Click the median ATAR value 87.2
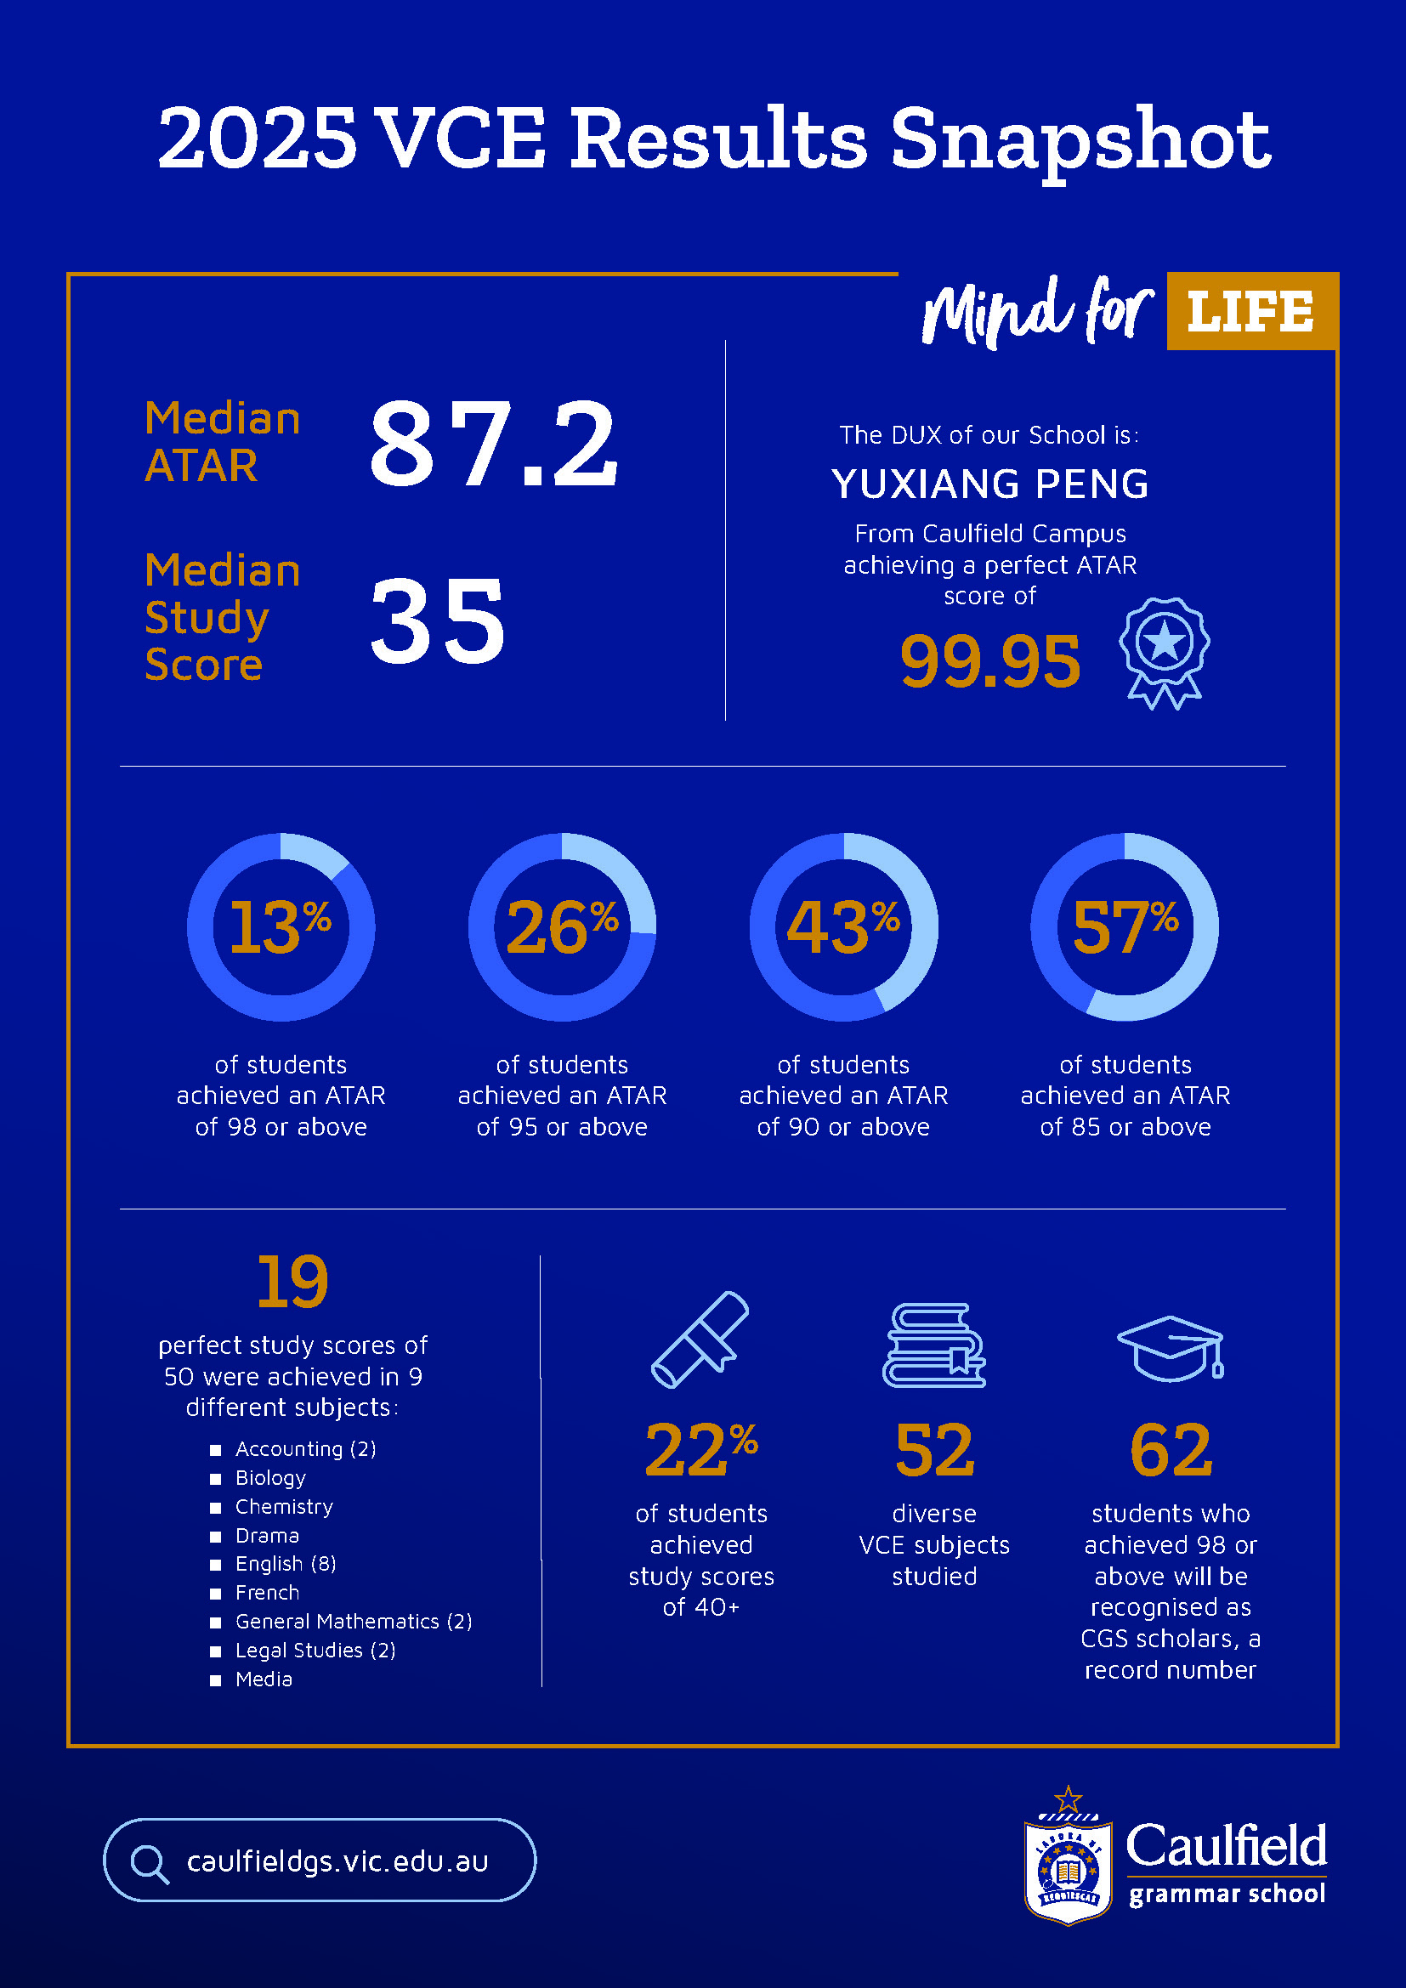click(494, 445)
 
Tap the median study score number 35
click(437, 620)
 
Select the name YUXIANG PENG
click(989, 484)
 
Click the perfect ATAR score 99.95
click(989, 661)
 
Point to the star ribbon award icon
click(1165, 651)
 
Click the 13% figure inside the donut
click(280, 927)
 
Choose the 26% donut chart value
click(562, 927)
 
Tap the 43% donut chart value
click(843, 927)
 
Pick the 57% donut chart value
click(1125, 927)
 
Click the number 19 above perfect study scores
click(292, 1282)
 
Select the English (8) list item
click(286, 1564)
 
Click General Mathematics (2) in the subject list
click(354, 1621)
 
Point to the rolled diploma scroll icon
click(700, 1339)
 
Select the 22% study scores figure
click(700, 1450)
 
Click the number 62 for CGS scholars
click(1171, 1450)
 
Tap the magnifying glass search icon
click(149, 1863)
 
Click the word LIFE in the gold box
click(1250, 312)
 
